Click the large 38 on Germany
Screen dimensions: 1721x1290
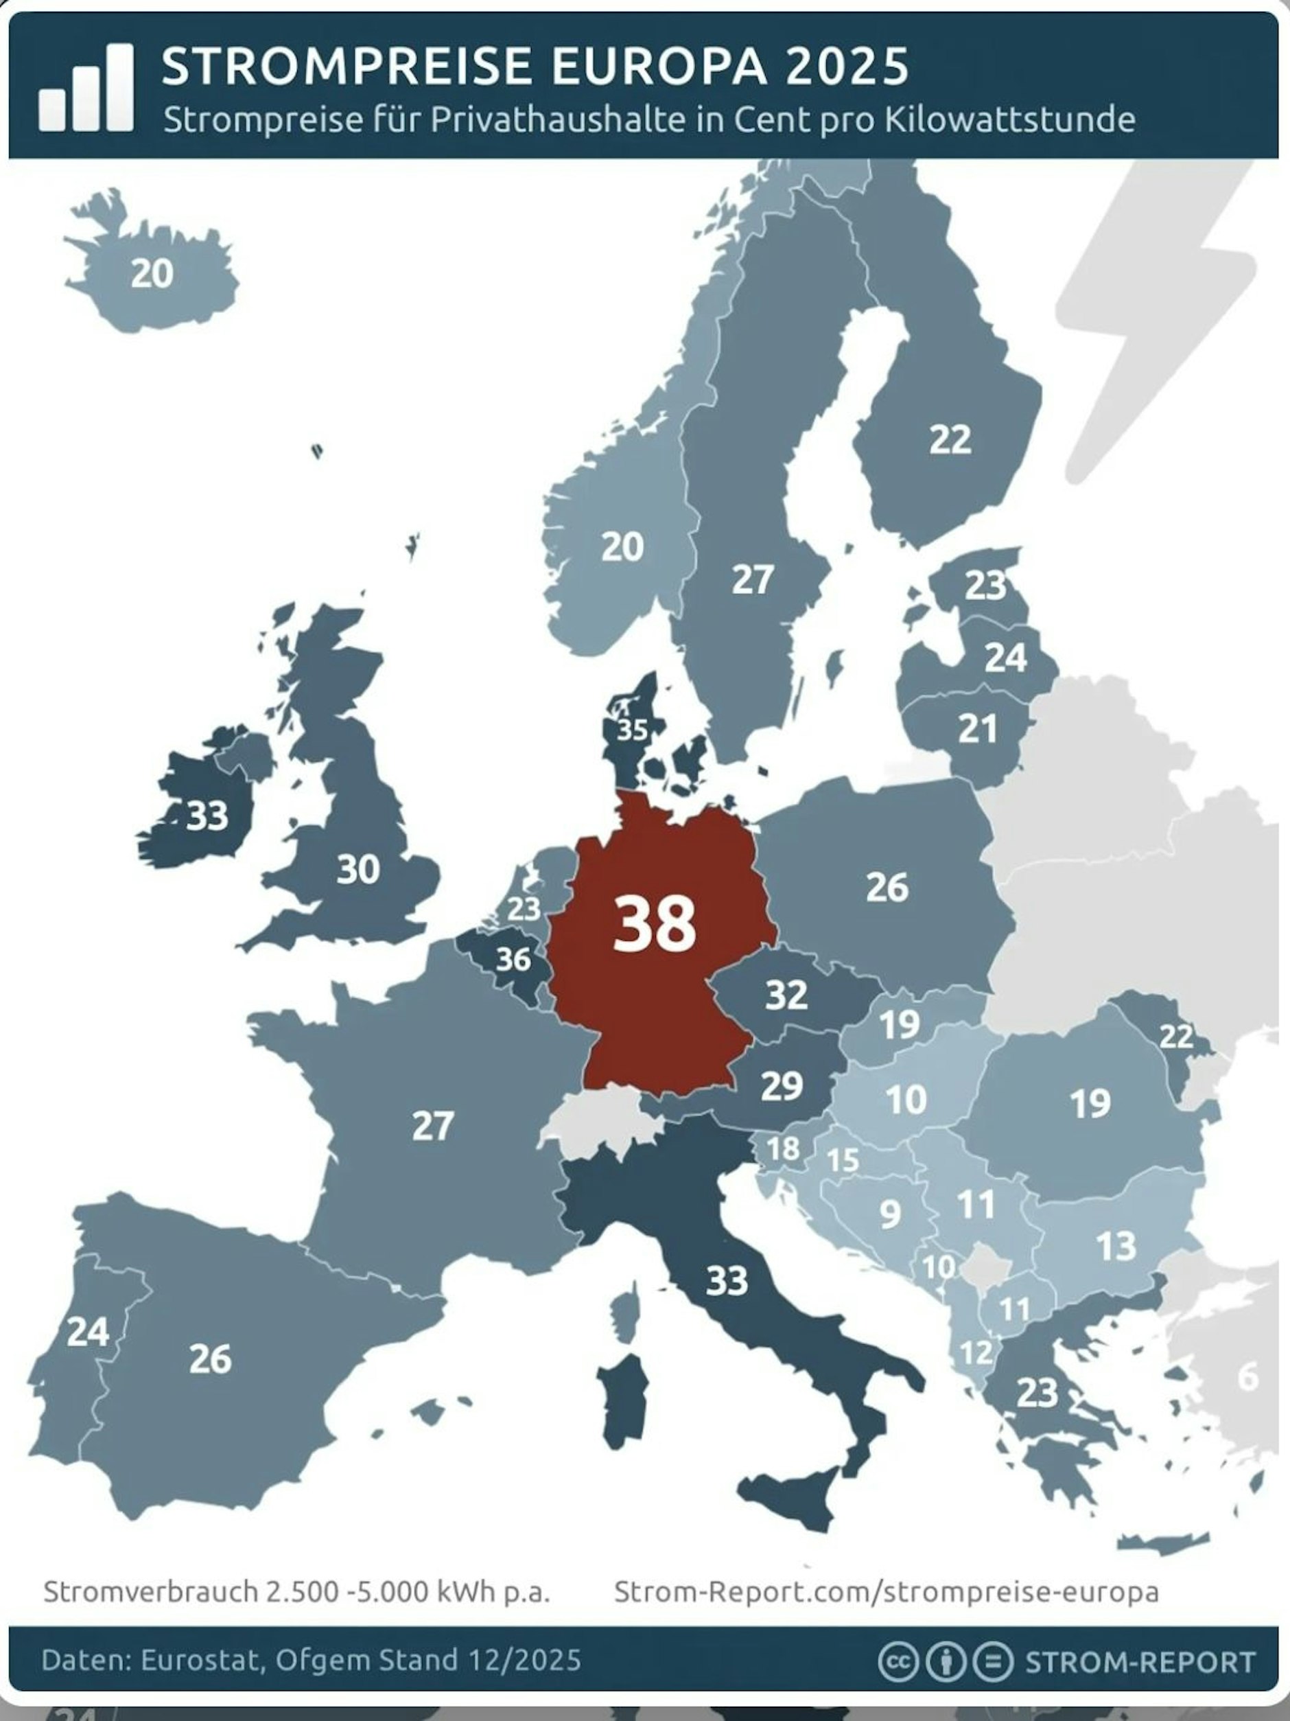[x=654, y=923]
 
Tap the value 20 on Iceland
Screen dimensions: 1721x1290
[x=152, y=274]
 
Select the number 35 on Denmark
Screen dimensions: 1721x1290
[x=632, y=730]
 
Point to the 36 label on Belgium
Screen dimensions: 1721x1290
[x=513, y=959]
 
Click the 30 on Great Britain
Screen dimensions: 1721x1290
[x=357, y=869]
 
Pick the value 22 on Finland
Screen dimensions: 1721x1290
[x=950, y=439]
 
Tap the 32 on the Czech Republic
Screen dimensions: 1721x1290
[x=786, y=994]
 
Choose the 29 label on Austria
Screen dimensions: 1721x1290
[x=781, y=1086]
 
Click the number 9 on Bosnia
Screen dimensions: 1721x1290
[x=889, y=1214]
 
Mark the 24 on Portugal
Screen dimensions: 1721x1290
[x=87, y=1332]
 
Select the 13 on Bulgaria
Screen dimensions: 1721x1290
[x=1116, y=1247]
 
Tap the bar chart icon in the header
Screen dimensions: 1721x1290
[x=86, y=87]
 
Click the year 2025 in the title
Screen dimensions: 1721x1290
[x=846, y=66]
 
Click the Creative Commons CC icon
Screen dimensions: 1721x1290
[x=898, y=1661]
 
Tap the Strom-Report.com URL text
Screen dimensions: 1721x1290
[x=886, y=1591]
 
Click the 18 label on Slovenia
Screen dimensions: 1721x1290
[x=783, y=1148]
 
